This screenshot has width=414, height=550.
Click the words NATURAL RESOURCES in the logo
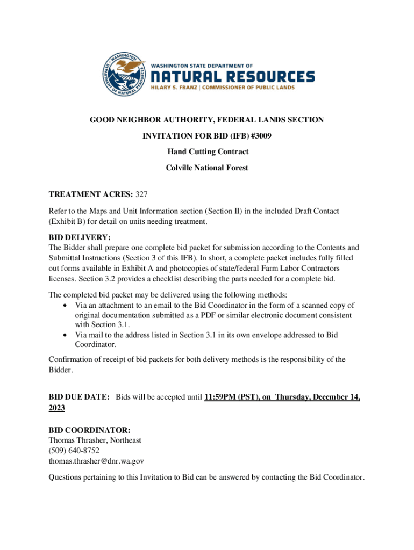(232, 76)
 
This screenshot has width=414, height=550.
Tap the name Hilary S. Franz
(173, 88)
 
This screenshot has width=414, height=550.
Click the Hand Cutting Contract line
(207, 152)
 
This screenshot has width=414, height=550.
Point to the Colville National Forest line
(207, 168)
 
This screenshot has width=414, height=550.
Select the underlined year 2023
(57, 408)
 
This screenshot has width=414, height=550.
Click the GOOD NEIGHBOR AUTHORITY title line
(206, 120)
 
